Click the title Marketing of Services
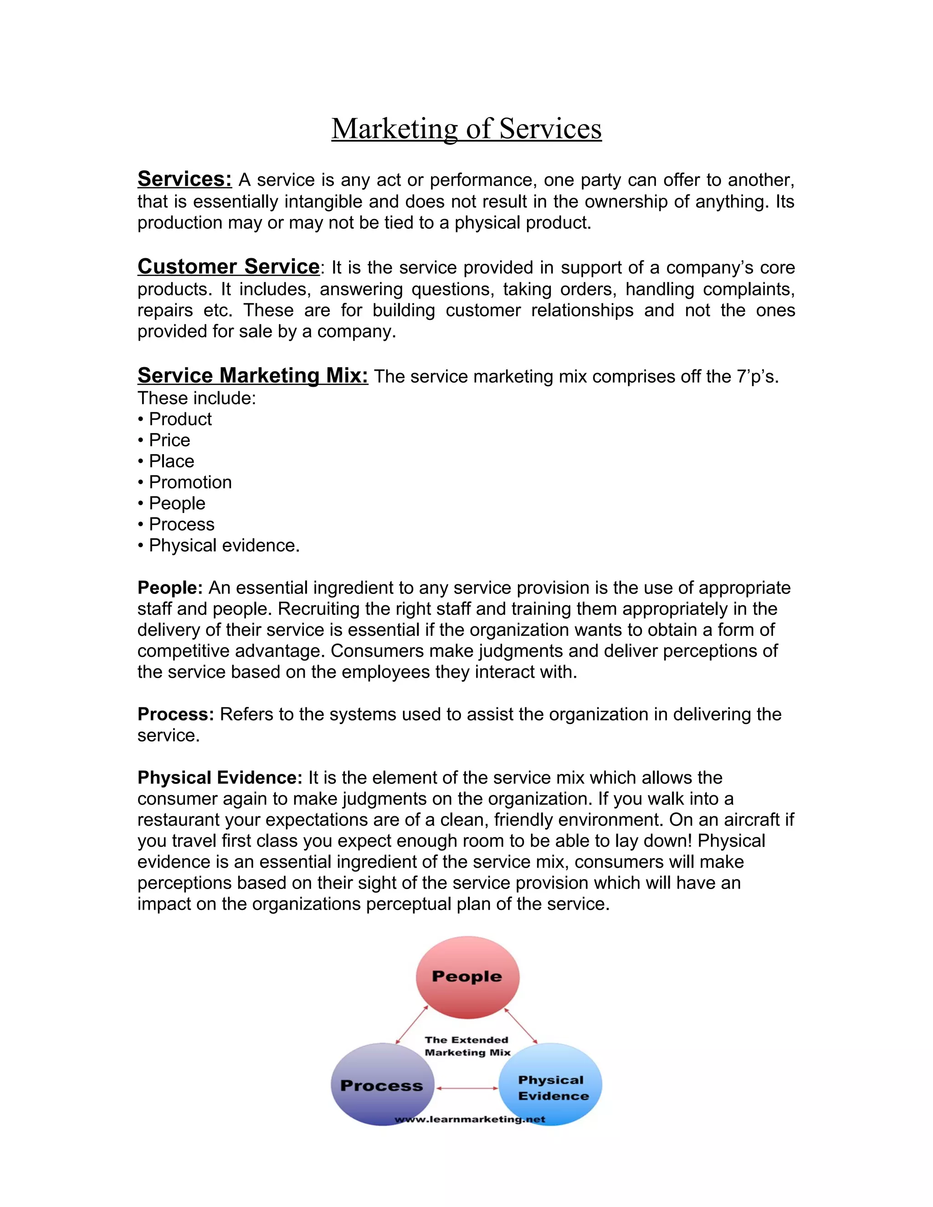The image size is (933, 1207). tap(466, 129)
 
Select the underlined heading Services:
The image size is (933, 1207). tap(184, 179)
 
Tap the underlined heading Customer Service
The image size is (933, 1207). tap(228, 266)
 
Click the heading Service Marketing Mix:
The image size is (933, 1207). tap(252, 375)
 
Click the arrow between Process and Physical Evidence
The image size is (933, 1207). tap(467, 1088)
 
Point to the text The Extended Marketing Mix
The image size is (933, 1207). tap(467, 1046)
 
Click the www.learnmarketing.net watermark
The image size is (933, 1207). tap(470, 1119)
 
